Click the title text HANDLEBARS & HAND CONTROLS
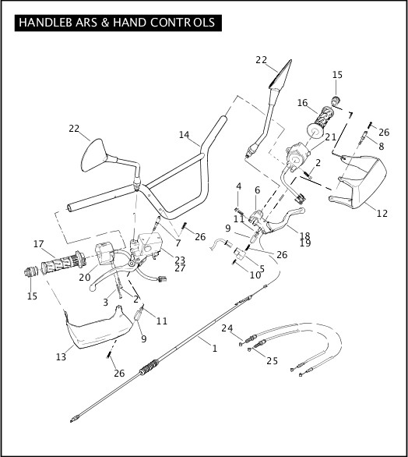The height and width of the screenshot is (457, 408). [117, 23]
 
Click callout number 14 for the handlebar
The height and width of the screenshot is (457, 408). [184, 135]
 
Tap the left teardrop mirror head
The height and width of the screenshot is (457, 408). [93, 156]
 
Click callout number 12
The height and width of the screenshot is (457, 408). [382, 214]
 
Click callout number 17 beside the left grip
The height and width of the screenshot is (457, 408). [38, 243]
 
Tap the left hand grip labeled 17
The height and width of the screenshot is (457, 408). [63, 264]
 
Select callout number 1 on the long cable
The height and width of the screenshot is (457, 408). [215, 349]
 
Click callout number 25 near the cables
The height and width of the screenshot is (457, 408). [272, 361]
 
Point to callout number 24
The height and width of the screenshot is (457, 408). [227, 328]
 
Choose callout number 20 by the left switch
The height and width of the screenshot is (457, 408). [85, 278]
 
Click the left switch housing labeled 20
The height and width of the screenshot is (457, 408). [105, 254]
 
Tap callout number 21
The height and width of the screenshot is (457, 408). [331, 137]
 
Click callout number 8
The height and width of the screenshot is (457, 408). [382, 147]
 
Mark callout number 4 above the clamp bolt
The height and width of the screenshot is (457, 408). [238, 186]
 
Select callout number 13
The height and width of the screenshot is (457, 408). [61, 357]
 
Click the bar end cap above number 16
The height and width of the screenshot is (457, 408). [336, 101]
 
